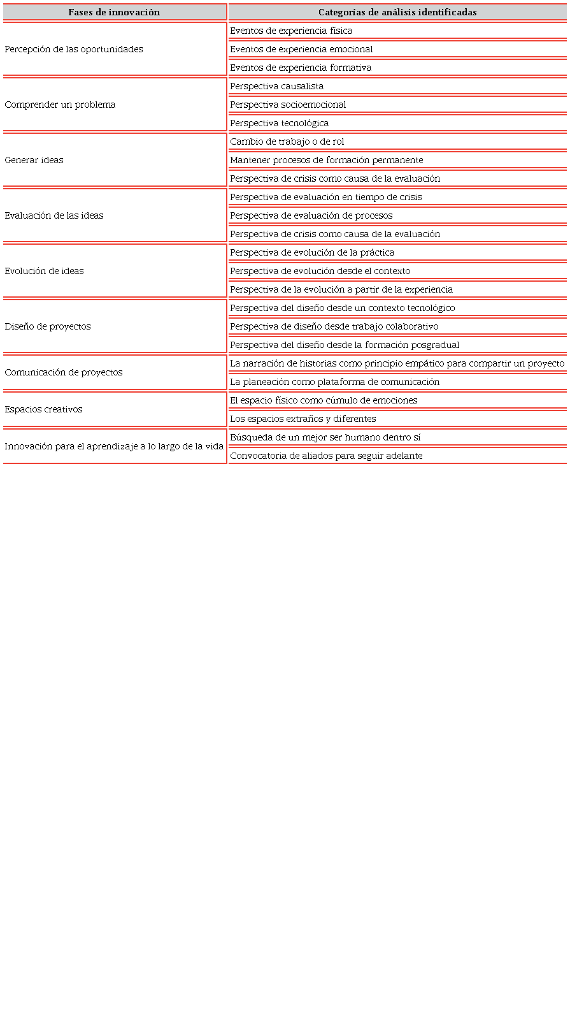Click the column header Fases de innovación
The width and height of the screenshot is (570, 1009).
pyautogui.click(x=114, y=12)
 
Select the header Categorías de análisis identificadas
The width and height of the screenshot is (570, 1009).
pyautogui.click(x=397, y=12)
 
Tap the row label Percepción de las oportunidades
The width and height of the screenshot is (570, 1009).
pyautogui.click(x=74, y=49)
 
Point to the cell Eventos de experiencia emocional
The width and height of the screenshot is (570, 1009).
pyautogui.click(x=301, y=49)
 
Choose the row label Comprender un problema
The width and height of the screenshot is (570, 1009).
pyautogui.click(x=60, y=105)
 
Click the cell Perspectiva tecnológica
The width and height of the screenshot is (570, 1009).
pyautogui.click(x=279, y=123)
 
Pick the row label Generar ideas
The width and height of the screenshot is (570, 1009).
pyautogui.click(x=34, y=160)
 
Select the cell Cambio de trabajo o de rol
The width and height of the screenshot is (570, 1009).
pyautogui.click(x=287, y=142)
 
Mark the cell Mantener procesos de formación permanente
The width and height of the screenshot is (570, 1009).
pyautogui.click(x=326, y=160)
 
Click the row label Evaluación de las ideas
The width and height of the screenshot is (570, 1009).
pyautogui.click(x=54, y=215)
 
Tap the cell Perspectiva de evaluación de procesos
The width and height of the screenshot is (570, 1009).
pyautogui.click(x=311, y=215)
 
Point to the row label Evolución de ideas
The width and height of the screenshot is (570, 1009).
pyautogui.click(x=44, y=271)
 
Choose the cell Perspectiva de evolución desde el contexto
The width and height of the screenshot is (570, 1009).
pyautogui.click(x=320, y=271)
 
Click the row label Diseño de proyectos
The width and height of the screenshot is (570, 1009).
pyautogui.click(x=48, y=326)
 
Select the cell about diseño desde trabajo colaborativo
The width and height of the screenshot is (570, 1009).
pyautogui.click(x=334, y=326)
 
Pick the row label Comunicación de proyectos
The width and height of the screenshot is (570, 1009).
pyautogui.click(x=64, y=372)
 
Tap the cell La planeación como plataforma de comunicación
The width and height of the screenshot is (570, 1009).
pyautogui.click(x=334, y=382)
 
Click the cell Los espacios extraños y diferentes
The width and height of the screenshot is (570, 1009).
pyautogui.click(x=303, y=419)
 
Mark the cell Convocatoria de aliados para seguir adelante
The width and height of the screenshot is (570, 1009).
pyautogui.click(x=326, y=456)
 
